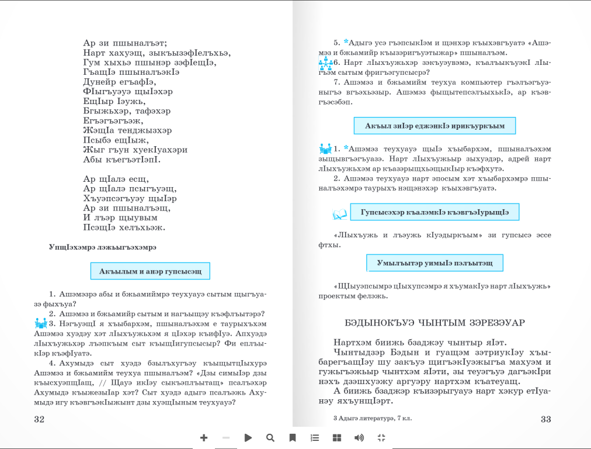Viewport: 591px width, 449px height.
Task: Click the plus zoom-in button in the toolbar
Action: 204,437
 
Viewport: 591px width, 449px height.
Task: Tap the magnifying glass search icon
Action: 270,437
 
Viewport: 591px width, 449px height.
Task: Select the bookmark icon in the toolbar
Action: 293,437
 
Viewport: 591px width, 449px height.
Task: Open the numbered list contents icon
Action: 315,437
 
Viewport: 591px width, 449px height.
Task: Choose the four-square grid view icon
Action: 337,437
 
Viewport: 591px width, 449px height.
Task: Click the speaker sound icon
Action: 359,437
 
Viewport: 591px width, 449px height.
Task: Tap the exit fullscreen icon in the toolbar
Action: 381,437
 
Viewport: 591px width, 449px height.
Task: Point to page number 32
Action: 39,419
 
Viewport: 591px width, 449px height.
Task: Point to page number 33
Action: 546,419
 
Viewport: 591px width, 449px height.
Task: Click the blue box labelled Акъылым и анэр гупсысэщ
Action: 150,271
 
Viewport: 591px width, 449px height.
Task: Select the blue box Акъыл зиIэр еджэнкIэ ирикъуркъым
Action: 434,126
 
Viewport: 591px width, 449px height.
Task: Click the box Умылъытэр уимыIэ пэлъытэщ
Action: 434,263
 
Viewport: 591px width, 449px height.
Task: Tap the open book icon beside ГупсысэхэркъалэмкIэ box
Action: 340,215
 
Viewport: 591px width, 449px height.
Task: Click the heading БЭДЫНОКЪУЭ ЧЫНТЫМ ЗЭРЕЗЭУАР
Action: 435,323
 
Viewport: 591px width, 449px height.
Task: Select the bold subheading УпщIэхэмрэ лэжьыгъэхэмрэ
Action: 103,247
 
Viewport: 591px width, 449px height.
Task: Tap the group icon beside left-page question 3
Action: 40,323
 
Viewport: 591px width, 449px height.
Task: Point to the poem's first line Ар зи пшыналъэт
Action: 126,43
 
